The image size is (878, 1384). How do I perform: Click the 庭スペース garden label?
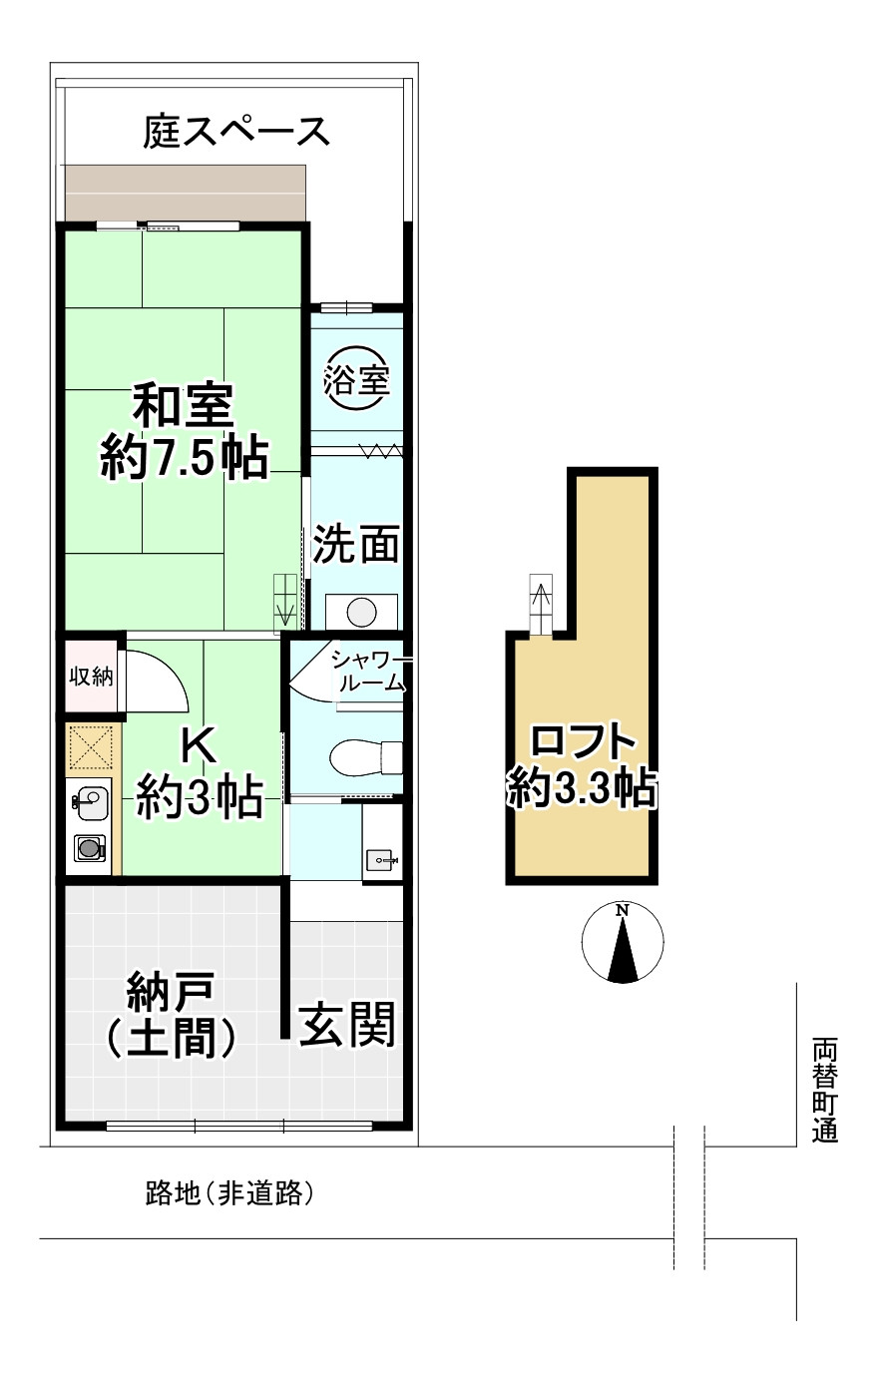click(236, 131)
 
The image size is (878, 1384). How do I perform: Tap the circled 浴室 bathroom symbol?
click(356, 378)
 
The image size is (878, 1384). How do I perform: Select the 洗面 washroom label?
click(356, 545)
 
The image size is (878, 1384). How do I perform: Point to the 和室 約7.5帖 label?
click(185, 432)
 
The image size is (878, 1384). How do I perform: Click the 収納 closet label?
click(91, 677)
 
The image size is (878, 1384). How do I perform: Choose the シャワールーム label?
click(369, 672)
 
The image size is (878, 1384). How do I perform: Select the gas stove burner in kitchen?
click(90, 847)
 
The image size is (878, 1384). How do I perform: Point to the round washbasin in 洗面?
click(361, 613)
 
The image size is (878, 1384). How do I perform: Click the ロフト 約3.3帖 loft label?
click(582, 766)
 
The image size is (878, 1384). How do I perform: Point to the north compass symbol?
click(623, 942)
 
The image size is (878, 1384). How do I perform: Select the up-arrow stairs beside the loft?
click(541, 605)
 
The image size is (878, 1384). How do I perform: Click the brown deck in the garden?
click(186, 193)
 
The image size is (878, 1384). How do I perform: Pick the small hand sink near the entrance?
click(382, 859)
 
